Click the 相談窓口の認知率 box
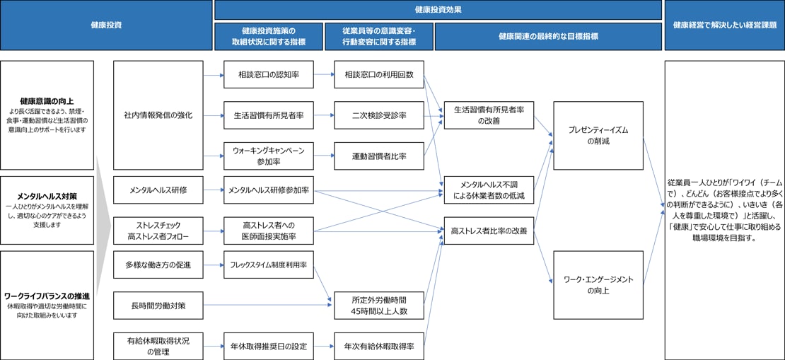click(x=268, y=74)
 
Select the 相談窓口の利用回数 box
click(x=378, y=74)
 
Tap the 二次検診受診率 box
click(x=378, y=115)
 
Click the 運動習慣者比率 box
click(x=378, y=156)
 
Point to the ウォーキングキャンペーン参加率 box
click(x=268, y=156)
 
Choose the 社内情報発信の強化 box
click(x=157, y=115)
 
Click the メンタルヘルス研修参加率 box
click(x=268, y=190)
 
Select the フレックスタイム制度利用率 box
click(x=268, y=264)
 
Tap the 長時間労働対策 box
click(x=157, y=305)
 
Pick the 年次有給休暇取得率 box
click(x=378, y=347)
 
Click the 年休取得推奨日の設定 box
click(x=268, y=347)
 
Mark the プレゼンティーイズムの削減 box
click(x=598, y=136)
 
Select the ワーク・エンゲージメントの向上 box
click(x=598, y=284)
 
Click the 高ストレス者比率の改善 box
click(x=489, y=231)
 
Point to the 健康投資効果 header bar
click(x=438, y=10)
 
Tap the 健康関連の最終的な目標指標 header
click(x=548, y=36)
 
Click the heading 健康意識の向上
click(x=47, y=100)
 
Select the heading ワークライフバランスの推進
click(x=47, y=296)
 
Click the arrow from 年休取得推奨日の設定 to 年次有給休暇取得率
click(x=324, y=347)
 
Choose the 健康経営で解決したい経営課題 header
click(x=724, y=25)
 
